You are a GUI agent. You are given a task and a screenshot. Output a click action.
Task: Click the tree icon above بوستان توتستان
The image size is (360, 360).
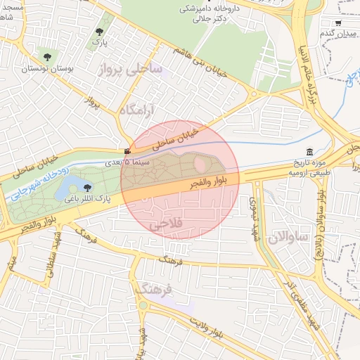point(47,57)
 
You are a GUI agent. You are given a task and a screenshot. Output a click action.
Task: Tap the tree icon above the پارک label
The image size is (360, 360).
point(99,32)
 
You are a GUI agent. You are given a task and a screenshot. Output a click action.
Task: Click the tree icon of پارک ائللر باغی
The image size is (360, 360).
point(87,187)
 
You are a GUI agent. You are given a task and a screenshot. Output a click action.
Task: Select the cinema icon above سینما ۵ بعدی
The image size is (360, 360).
point(127,151)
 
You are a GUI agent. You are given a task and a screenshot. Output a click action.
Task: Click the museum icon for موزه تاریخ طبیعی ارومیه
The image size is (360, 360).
point(310,153)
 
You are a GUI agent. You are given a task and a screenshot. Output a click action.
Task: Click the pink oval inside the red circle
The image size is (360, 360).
point(200,165)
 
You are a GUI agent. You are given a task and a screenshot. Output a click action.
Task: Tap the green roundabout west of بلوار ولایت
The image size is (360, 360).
point(143,306)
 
